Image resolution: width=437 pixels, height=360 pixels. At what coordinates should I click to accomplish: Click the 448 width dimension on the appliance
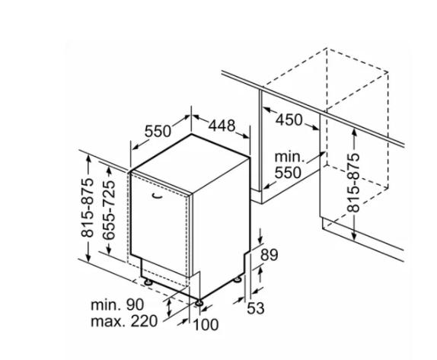click(x=222, y=126)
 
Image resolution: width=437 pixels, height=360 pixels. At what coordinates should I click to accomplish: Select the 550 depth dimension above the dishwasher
click(x=158, y=131)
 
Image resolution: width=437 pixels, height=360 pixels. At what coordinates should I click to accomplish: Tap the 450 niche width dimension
click(x=289, y=120)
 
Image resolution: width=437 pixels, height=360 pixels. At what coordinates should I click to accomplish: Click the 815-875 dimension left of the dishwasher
click(x=88, y=208)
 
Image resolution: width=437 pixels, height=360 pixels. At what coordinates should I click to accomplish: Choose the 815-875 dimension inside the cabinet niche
click(x=353, y=183)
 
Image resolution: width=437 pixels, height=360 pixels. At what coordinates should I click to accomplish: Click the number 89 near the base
click(x=270, y=255)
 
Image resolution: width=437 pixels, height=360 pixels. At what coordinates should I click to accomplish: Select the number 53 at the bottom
click(x=256, y=308)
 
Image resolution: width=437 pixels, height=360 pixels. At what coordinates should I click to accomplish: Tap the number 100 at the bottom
click(x=206, y=325)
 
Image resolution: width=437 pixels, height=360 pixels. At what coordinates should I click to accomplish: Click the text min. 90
click(x=117, y=305)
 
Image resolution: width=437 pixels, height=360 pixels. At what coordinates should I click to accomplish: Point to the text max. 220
click(x=124, y=321)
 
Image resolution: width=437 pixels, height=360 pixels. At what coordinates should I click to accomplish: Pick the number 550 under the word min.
click(x=288, y=173)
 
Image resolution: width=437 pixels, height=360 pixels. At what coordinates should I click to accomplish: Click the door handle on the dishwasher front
click(x=158, y=196)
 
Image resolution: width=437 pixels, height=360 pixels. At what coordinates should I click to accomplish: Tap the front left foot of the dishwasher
click(x=148, y=282)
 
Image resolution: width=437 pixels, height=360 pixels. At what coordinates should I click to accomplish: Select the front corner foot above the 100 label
click(x=199, y=303)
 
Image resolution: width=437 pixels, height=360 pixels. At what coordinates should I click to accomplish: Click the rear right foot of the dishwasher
click(x=238, y=279)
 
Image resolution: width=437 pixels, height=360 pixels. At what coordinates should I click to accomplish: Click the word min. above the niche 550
click(x=289, y=157)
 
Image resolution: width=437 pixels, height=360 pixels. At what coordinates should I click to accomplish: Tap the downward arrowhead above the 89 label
click(x=260, y=240)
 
